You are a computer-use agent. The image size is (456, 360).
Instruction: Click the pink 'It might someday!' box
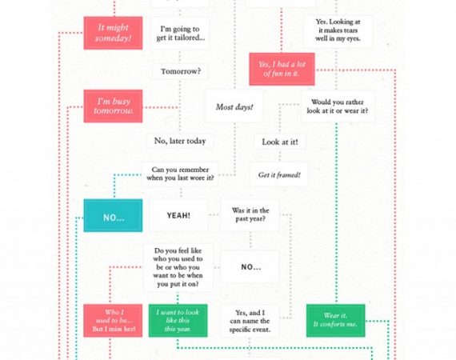point(113,33)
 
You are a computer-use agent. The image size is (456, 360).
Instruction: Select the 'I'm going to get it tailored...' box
point(180,33)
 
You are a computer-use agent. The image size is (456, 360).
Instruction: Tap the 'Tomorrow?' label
point(181,71)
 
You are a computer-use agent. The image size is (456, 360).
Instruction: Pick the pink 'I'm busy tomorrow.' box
point(113,106)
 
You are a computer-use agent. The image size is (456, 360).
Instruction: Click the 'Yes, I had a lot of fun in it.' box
point(282,70)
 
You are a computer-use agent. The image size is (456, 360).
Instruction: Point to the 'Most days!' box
point(234,106)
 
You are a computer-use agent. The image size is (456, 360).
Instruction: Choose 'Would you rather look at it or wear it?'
point(338,106)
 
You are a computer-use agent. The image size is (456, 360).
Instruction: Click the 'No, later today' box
point(180,141)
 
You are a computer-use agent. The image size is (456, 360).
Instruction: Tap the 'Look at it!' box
point(280,142)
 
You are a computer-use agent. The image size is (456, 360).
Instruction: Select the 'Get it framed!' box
point(279,174)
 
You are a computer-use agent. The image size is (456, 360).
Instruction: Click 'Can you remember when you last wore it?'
point(180,174)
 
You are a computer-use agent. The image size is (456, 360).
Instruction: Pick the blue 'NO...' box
point(113,215)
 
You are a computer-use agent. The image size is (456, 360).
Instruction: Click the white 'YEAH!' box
point(178,215)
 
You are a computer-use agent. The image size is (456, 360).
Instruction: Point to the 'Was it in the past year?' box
point(250,215)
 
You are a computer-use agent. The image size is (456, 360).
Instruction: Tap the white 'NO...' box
point(250,267)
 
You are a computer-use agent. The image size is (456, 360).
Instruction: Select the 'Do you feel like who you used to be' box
point(178,267)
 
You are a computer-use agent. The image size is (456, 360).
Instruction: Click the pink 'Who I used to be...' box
point(113,321)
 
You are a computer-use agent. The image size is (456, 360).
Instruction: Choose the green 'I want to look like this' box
point(178,321)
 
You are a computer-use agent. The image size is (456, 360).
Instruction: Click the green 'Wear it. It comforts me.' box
point(336,321)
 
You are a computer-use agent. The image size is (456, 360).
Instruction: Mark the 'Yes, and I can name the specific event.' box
point(250,321)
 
